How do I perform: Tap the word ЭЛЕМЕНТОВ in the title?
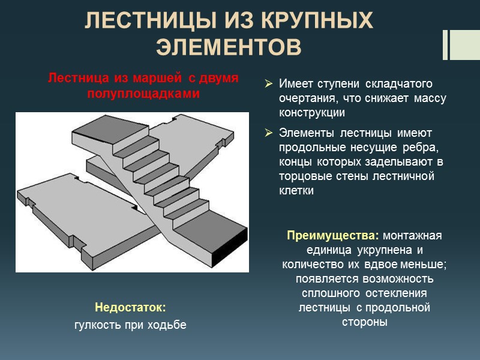pos(228,47)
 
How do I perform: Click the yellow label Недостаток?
pos(130,308)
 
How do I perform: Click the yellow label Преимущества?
pos(325,235)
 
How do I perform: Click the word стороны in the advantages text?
pos(365,322)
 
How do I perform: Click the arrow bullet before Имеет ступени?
pos(269,83)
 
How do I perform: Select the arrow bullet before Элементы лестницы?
pos(269,133)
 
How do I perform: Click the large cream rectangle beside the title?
pos(465,44)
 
